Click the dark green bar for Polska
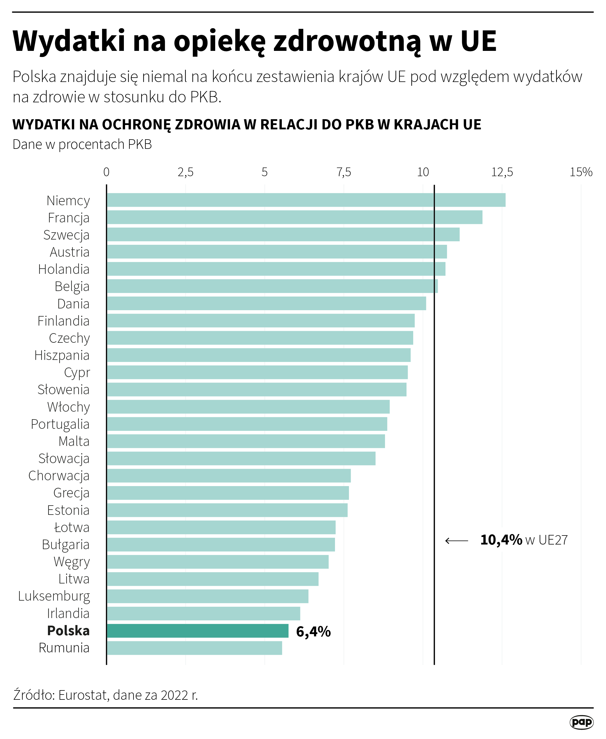pyautogui.click(x=197, y=631)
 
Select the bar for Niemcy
pyautogui.click(x=306, y=200)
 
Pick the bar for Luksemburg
pyautogui.click(x=207, y=596)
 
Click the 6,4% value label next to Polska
pyautogui.click(x=313, y=631)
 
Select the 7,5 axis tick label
pyautogui.click(x=343, y=172)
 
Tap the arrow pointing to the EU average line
pyautogui.click(x=457, y=541)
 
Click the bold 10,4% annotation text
pyautogui.click(x=501, y=540)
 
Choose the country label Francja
pyautogui.click(x=68, y=218)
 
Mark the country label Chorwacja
pyautogui.click(x=59, y=476)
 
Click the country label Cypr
pyautogui.click(x=77, y=373)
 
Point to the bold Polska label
pyautogui.click(x=68, y=631)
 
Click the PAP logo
pyautogui.click(x=581, y=722)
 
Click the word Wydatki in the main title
pyautogui.click(x=69, y=41)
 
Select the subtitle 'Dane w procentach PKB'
pyautogui.click(x=82, y=144)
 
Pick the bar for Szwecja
pyautogui.click(x=283, y=235)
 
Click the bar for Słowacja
pyautogui.click(x=241, y=458)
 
